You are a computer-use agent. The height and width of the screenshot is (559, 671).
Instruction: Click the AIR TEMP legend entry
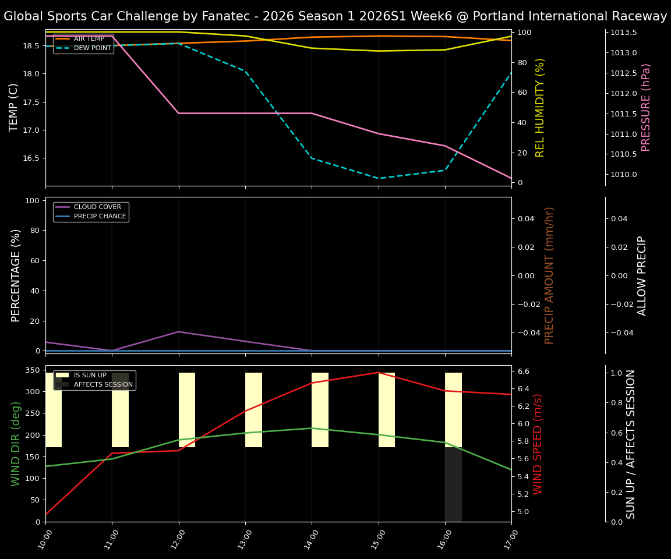[89, 39]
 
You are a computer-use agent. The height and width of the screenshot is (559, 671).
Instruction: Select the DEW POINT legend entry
[92, 48]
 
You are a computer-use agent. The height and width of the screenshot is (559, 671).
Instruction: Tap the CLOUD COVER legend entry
[97, 207]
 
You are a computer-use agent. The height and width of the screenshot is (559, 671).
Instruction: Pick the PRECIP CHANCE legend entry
[100, 217]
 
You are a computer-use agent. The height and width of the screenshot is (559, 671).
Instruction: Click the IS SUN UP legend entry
[89, 376]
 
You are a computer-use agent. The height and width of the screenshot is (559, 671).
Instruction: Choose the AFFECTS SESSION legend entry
[103, 385]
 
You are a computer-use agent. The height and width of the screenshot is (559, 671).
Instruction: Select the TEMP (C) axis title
[14, 107]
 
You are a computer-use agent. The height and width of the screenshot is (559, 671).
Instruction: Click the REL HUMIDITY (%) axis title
[540, 107]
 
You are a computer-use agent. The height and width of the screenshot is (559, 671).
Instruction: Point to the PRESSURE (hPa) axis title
[646, 107]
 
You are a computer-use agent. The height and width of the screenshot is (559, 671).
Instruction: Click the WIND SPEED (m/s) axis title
[538, 444]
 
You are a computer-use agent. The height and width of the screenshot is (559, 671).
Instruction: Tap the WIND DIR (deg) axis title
[16, 444]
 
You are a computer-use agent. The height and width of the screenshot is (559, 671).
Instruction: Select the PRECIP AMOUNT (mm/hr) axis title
[549, 275]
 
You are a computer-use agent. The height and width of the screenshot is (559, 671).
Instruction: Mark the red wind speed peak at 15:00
[379, 372]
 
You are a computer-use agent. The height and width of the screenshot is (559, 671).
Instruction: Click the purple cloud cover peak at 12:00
[179, 332]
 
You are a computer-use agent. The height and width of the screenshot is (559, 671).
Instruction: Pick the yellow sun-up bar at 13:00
[253, 410]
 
